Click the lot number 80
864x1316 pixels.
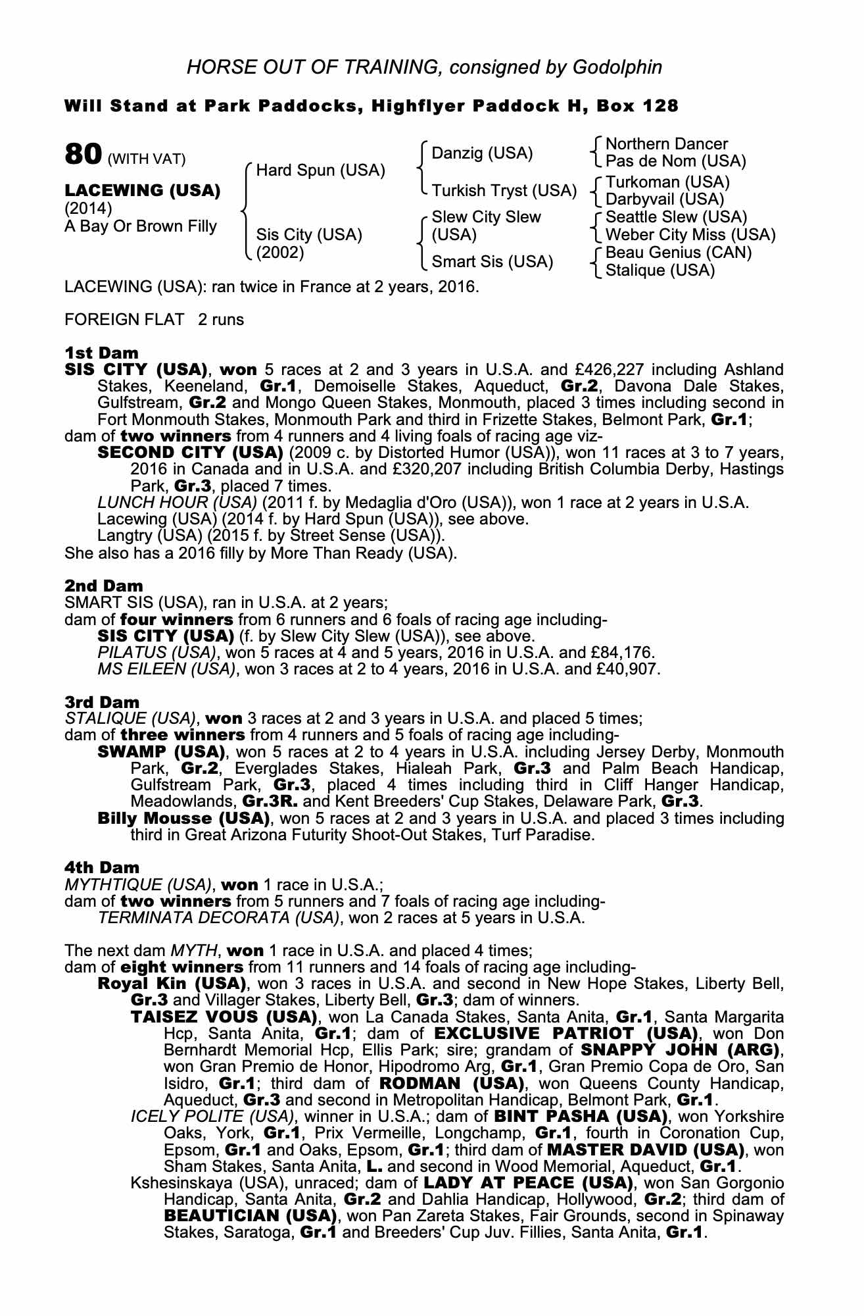coord(83,155)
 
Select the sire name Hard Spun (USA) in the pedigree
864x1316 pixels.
coord(320,171)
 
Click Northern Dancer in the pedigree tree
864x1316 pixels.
coord(666,144)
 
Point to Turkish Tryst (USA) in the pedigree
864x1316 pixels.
coord(504,191)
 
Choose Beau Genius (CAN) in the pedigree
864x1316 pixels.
coord(678,253)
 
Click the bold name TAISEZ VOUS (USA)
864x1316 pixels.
coord(223,1017)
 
